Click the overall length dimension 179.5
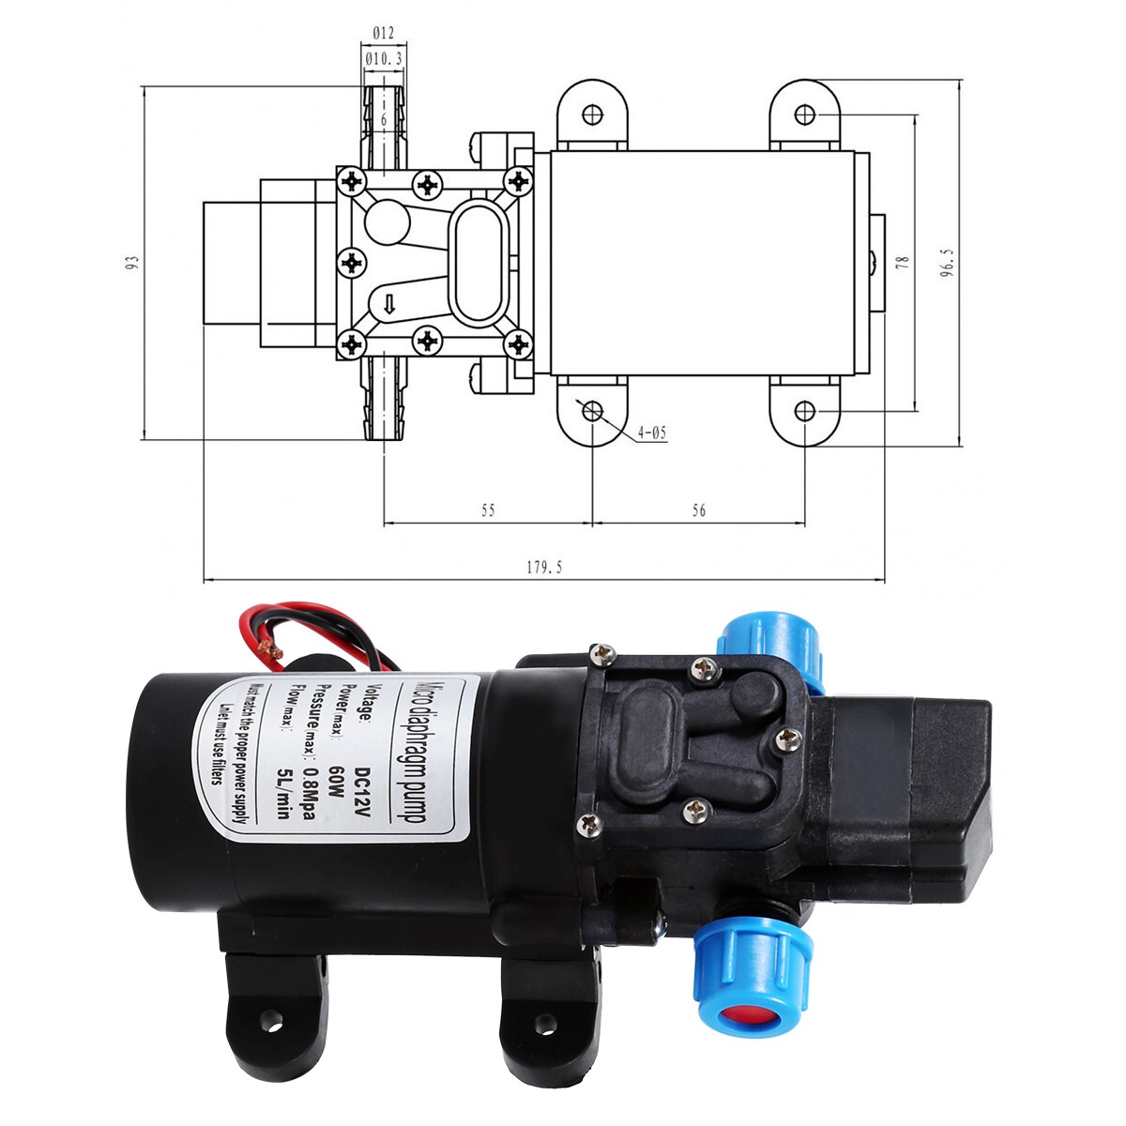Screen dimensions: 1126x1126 pyautogui.click(x=544, y=568)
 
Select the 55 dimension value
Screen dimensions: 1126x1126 pyautogui.click(x=488, y=510)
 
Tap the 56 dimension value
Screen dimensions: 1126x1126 pyautogui.click(x=698, y=510)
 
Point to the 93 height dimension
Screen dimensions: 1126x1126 pyautogui.click(x=133, y=264)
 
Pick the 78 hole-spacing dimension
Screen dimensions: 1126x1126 pyautogui.click(x=903, y=264)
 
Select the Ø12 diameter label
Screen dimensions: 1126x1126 pyautogui.click(x=383, y=33)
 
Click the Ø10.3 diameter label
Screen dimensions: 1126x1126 pyautogui.click(x=383, y=58)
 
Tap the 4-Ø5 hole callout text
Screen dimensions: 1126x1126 pyautogui.click(x=652, y=433)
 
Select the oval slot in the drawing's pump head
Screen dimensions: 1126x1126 pyautogui.click(x=479, y=262)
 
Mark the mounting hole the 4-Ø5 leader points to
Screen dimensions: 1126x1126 pyautogui.click(x=592, y=411)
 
